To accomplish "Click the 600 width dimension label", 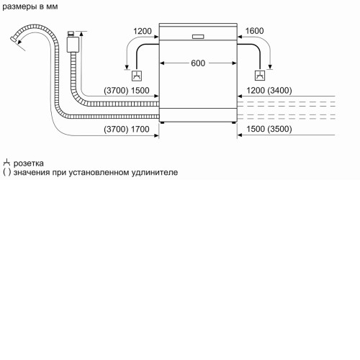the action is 198,63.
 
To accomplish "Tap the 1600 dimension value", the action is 254,31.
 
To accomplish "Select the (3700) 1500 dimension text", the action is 127,91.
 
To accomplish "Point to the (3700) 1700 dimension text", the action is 127,129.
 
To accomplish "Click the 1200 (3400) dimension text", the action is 269,91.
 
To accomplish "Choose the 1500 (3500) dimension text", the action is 269,129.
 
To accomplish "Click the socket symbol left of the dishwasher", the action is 137,76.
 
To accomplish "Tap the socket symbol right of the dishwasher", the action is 260,76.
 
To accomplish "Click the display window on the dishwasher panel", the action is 198,37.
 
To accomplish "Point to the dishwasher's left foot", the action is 163,122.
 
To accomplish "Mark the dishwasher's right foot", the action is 234,122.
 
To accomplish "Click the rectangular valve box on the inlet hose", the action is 73,45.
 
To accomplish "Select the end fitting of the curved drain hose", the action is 14,40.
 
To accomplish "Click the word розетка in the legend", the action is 29,163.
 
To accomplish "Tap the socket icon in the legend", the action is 6,163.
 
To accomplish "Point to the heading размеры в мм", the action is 30,6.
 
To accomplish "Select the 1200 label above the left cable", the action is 143,31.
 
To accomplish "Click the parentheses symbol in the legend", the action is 7,173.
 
